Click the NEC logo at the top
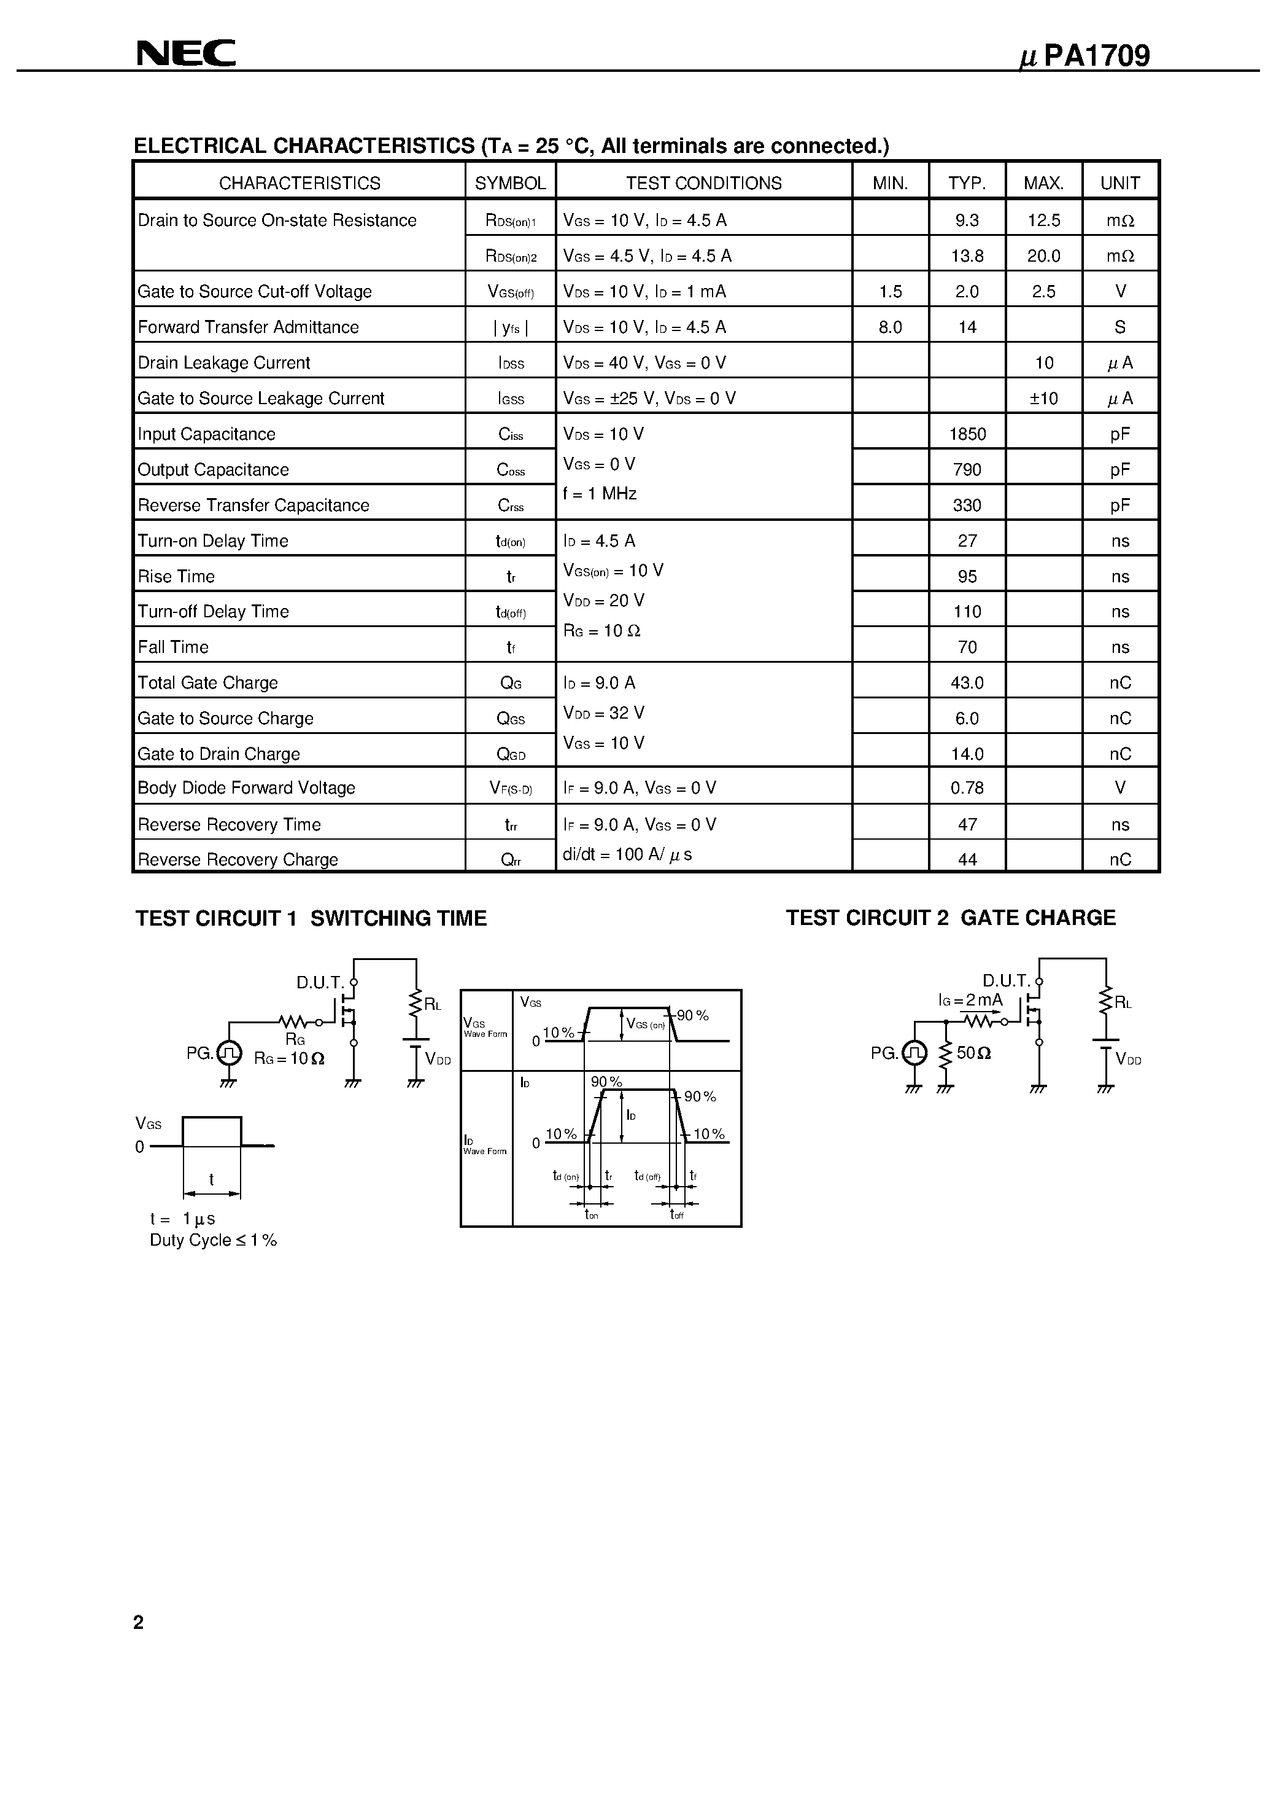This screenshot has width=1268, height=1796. (x=186, y=53)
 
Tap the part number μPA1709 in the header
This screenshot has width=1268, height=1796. (x=1085, y=57)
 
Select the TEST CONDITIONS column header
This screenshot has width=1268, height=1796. (x=703, y=183)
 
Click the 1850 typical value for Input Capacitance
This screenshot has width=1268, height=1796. (x=967, y=434)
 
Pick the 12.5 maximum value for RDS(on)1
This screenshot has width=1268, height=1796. (x=1043, y=221)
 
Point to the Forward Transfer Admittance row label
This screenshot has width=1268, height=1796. (x=248, y=327)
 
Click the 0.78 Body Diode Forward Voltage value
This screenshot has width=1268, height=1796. (x=967, y=787)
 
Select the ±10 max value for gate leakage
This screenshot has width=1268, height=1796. (x=1043, y=398)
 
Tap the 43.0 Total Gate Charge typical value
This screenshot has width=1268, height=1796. (x=967, y=683)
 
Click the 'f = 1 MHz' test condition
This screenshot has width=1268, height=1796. (x=600, y=494)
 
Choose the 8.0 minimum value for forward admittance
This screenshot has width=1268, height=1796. (x=891, y=327)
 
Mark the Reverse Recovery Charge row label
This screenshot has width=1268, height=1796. (x=238, y=860)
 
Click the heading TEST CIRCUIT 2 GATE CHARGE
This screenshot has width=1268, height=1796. (x=951, y=918)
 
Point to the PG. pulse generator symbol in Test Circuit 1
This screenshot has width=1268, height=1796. (x=229, y=1053)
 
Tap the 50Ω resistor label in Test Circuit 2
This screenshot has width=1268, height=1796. (x=973, y=1053)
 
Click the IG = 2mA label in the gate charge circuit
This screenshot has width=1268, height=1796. (x=970, y=1000)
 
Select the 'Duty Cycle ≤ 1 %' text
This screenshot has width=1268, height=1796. (x=214, y=1240)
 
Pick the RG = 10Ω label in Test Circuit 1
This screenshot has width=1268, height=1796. (x=289, y=1058)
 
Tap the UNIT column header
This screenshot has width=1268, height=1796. (x=1120, y=183)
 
